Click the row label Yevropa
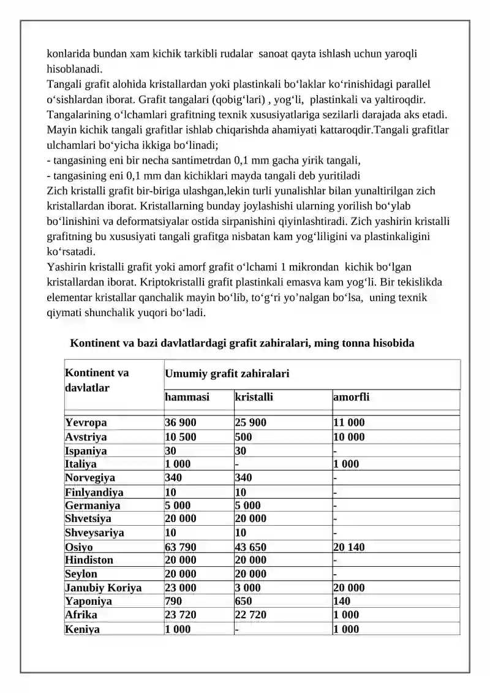(x=86, y=423)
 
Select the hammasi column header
(x=187, y=397)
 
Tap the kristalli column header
(x=254, y=397)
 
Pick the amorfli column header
(x=351, y=397)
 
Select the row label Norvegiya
(x=90, y=477)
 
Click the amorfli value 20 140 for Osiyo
(x=349, y=547)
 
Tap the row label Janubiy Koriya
(x=103, y=588)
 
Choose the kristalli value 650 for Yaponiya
(x=243, y=601)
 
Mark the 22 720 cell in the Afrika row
(x=251, y=615)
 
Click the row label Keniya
(x=83, y=629)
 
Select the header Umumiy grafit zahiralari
(x=227, y=374)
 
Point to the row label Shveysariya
(x=94, y=532)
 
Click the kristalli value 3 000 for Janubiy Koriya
(x=247, y=588)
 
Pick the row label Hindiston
(x=89, y=560)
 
